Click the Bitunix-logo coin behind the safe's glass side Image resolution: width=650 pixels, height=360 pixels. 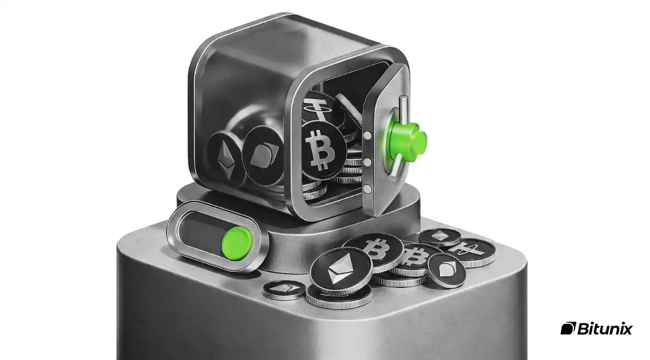coord(263,155)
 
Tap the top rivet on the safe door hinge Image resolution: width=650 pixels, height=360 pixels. coord(367,135)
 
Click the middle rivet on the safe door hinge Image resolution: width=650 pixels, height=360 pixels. coord(367,162)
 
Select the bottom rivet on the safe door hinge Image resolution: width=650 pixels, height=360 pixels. coord(367,189)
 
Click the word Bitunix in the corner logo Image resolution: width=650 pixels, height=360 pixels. coord(605,329)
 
